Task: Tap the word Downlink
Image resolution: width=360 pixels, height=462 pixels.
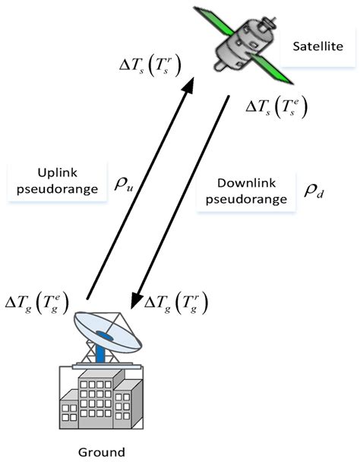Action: (241, 184)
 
